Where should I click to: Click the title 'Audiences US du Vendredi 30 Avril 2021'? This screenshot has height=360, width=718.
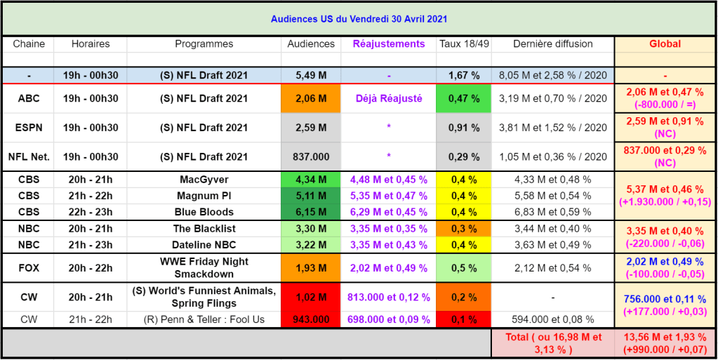[x=359, y=19]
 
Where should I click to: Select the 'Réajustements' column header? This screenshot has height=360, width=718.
[x=388, y=44]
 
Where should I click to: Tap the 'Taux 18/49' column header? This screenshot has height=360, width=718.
[x=463, y=44]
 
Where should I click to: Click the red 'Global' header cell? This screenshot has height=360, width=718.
[x=665, y=44]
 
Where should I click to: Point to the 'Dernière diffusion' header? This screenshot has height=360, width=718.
[x=552, y=44]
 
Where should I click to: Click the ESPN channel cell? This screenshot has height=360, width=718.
[x=29, y=128]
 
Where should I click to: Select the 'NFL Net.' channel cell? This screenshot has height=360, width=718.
[x=29, y=156]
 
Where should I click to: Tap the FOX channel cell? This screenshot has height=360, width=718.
[x=29, y=267]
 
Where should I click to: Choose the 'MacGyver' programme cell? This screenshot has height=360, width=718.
[x=204, y=180]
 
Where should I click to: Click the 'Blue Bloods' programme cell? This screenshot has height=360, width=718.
[x=204, y=212]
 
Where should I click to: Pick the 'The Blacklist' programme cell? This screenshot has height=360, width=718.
[x=204, y=228]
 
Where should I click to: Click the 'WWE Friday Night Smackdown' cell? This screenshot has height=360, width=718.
[x=204, y=267]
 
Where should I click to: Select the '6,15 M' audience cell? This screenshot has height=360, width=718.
[x=310, y=212]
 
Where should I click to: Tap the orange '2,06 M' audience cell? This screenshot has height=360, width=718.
[x=310, y=99]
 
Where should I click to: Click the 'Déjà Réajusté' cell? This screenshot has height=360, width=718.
[x=388, y=99]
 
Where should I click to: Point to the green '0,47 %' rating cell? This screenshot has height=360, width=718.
[x=463, y=99]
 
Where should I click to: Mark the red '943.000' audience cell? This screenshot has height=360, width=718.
[x=310, y=319]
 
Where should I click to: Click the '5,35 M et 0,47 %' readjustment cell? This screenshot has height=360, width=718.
[x=388, y=196]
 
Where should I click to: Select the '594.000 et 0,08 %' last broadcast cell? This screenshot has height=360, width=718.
[x=552, y=319]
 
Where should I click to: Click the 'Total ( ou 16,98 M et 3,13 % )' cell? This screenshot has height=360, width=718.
[x=552, y=343]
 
